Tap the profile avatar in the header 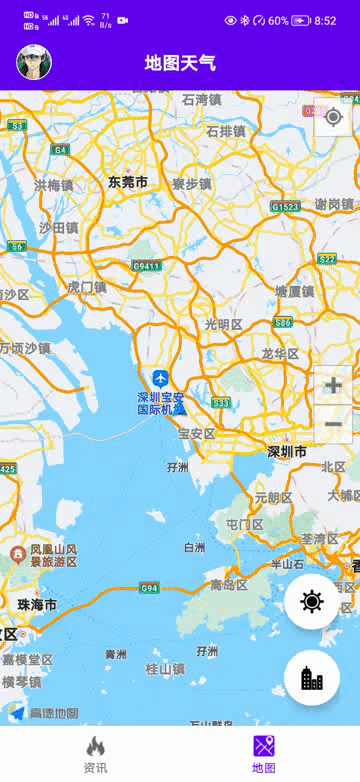click(34, 62)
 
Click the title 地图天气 click(180, 63)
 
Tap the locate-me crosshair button click(332, 116)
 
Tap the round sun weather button click(312, 601)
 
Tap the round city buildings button click(312, 678)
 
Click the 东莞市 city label click(128, 182)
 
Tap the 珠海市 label click(37, 605)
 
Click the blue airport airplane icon click(160, 378)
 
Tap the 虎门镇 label click(87, 287)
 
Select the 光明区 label click(223, 324)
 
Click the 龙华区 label click(280, 354)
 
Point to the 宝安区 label click(196, 433)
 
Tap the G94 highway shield click(150, 588)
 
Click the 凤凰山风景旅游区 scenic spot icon click(18, 554)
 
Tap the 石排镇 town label click(226, 131)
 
